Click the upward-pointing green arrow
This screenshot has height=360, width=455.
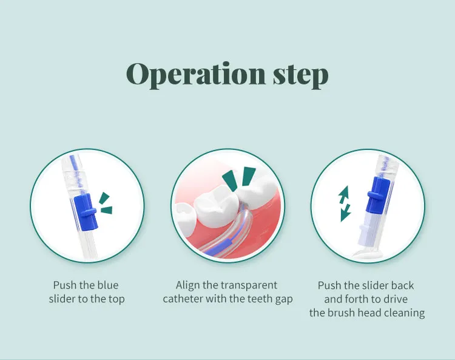343,194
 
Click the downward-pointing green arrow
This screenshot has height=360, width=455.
346,212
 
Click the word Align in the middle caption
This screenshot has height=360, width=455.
187,285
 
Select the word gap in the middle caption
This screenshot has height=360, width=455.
284,299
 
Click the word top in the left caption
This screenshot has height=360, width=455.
116,299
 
